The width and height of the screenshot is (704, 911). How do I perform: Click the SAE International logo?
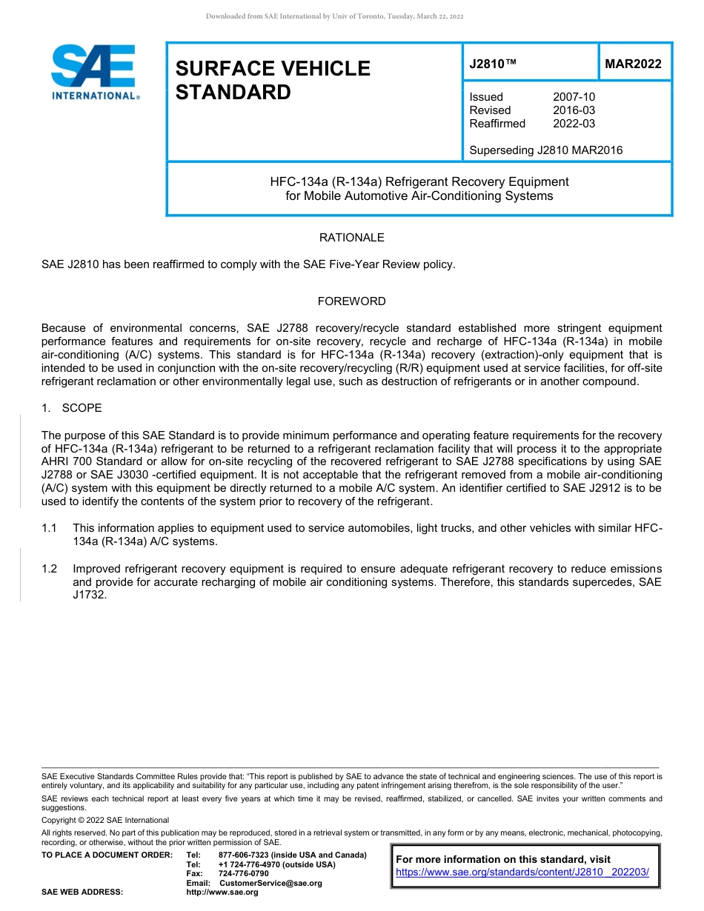pos(93,72)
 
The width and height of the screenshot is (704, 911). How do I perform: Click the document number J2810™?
pos(492,64)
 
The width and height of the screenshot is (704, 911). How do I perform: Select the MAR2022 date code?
pos(633,64)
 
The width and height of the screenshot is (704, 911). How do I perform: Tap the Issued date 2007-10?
pos(574,97)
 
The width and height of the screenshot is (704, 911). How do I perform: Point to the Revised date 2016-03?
pos(574,110)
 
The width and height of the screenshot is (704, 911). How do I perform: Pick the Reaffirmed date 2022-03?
pos(574,124)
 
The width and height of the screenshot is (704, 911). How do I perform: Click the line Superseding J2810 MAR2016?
pos(545,150)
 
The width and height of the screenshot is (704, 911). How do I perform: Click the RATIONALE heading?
pos(351,238)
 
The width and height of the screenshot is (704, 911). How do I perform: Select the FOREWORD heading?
pos(351,301)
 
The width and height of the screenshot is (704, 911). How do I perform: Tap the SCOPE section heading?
pos(82,408)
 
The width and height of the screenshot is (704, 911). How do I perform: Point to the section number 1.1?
pos(50,527)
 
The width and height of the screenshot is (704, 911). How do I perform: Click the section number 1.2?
pos(50,569)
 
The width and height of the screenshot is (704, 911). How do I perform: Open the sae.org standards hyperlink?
pos(522,872)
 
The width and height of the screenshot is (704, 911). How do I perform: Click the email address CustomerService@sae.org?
pos(270,883)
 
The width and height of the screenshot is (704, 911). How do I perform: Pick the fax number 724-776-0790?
pos(244,873)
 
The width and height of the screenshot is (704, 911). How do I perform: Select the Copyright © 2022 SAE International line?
pos(105,820)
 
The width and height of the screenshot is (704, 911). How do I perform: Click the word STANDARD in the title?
pos(233,93)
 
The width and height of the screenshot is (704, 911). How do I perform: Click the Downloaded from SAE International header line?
pos(334,16)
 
